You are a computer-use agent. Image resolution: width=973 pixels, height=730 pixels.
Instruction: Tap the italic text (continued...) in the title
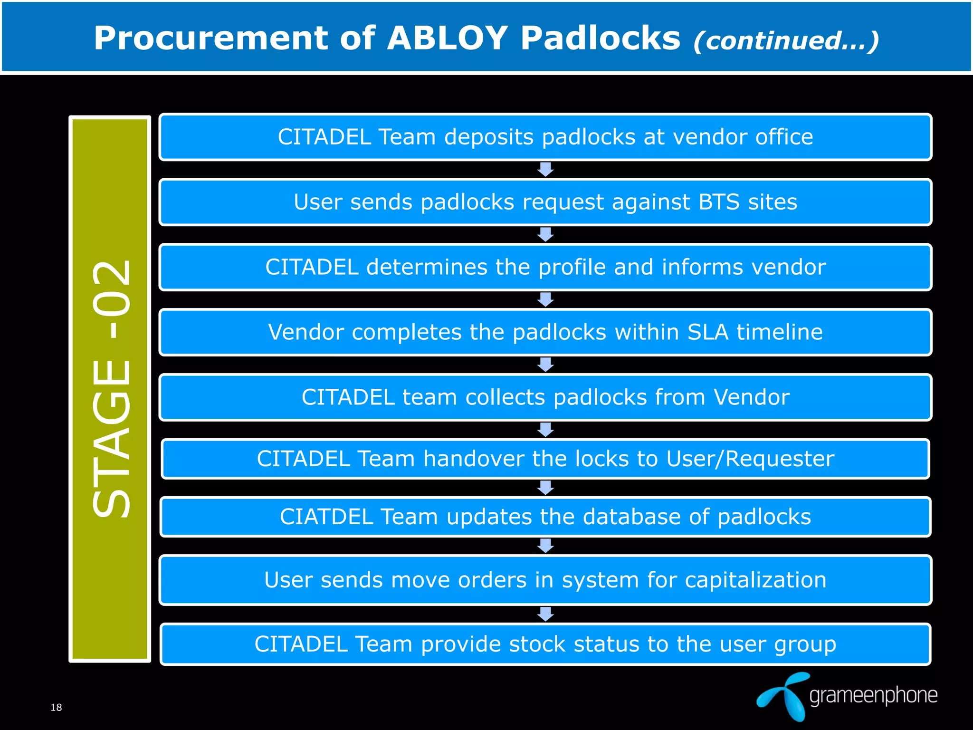[x=786, y=41]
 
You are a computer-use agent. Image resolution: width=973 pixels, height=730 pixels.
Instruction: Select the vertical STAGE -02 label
[x=110, y=389]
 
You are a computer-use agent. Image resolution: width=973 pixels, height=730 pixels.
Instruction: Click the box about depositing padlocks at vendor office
[x=545, y=137]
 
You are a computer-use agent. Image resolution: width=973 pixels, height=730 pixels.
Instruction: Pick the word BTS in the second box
[x=719, y=202]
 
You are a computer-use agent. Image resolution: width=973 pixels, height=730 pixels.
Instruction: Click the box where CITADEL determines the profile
[x=545, y=267]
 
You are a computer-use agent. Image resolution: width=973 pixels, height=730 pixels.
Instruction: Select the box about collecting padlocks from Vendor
[x=545, y=397]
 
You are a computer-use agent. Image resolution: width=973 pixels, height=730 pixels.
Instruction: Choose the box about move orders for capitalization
[x=545, y=580]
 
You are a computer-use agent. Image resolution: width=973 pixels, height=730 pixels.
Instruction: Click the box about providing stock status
[x=545, y=644]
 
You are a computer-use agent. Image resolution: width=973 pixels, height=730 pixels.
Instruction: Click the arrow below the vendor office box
[x=545, y=169]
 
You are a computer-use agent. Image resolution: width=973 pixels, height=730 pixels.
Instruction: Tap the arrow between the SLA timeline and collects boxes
[x=545, y=365]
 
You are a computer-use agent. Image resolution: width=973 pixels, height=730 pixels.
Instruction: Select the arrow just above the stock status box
[x=545, y=614]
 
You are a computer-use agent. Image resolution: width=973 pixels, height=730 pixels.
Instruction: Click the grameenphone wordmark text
[x=873, y=696]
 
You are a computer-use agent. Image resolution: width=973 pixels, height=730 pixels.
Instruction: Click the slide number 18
[x=56, y=708]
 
